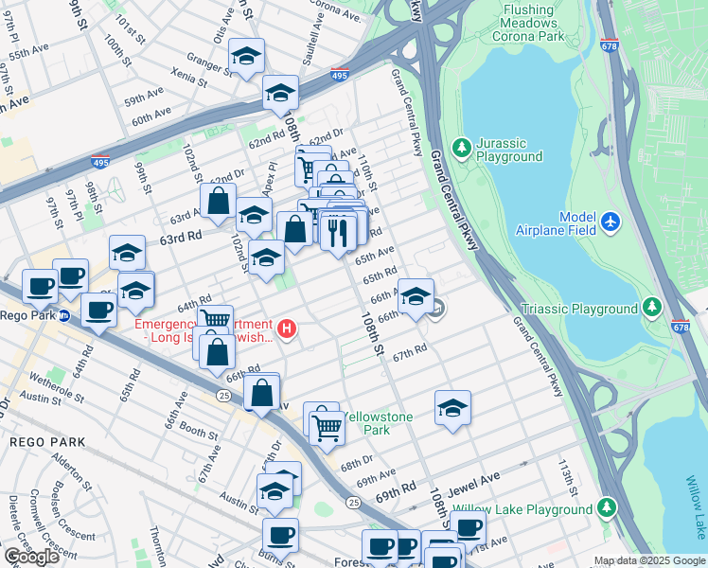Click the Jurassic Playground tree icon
pos(461,147)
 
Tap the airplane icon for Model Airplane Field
pos(611,221)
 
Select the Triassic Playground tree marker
pos(651,307)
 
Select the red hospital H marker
pos(288,329)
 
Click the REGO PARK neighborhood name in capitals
pos(47,442)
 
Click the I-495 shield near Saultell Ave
pos(338,76)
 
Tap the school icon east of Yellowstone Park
pos(452,408)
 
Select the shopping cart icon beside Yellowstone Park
pos(327,427)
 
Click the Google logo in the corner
pos(31,557)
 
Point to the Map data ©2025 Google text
pos(648,560)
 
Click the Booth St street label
pos(198,431)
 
